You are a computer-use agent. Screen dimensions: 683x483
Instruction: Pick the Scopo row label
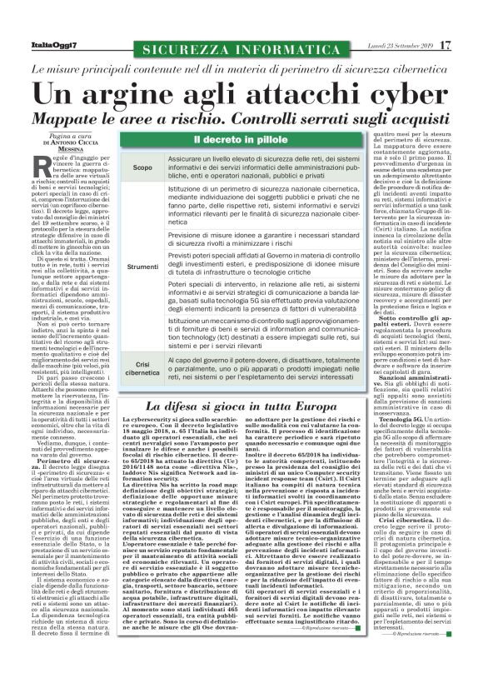point(142,169)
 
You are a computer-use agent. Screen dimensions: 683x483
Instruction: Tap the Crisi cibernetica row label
point(142,368)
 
